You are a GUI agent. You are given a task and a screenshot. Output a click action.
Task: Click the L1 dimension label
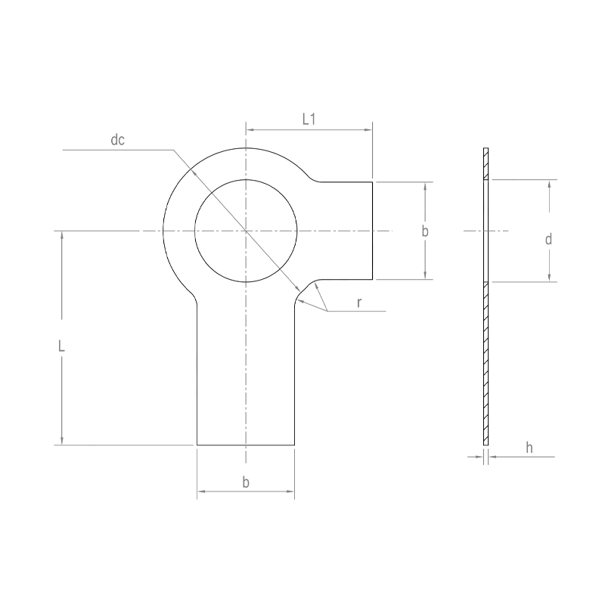[x=309, y=119]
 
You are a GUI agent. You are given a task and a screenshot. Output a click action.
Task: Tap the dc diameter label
[x=118, y=140]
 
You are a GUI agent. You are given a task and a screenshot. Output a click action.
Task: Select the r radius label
[x=359, y=303]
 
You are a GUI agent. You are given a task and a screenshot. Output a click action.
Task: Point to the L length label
[x=61, y=346]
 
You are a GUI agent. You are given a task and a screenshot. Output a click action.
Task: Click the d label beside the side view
[x=548, y=239]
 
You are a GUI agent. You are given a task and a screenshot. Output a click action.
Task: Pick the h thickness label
[x=529, y=448]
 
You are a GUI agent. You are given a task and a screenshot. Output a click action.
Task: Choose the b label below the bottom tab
[x=246, y=482]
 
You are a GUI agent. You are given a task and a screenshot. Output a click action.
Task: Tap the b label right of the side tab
[x=425, y=231]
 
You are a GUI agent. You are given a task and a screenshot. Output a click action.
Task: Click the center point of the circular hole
[x=246, y=231]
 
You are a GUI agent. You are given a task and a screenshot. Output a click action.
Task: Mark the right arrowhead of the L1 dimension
[x=368, y=130]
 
